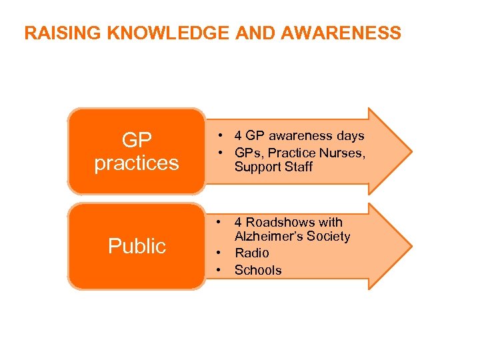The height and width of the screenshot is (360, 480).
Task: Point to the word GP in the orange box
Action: (137, 140)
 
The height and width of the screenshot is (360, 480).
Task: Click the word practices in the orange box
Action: (137, 162)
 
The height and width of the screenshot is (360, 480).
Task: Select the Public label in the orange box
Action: (137, 246)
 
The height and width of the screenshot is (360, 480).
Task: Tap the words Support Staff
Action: (273, 167)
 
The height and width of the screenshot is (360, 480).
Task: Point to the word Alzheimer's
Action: (268, 237)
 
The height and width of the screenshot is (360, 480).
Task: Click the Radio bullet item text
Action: (252, 253)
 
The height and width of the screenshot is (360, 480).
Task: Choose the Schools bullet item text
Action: (258, 270)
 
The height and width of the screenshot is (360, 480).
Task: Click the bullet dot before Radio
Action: (218, 253)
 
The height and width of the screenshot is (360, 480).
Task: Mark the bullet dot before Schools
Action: (218, 270)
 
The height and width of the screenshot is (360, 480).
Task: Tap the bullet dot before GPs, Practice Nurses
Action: (218, 151)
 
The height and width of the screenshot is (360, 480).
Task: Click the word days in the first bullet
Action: (351, 136)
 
